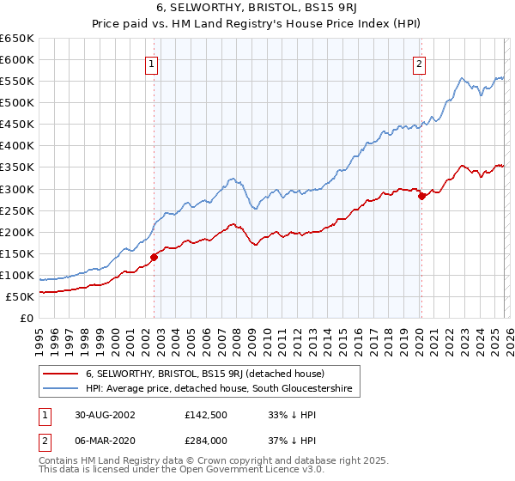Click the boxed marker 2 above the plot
(420, 64)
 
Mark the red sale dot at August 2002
(154, 257)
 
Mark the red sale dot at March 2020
(421, 196)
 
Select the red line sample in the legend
(62, 374)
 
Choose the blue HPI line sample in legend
(62, 390)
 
